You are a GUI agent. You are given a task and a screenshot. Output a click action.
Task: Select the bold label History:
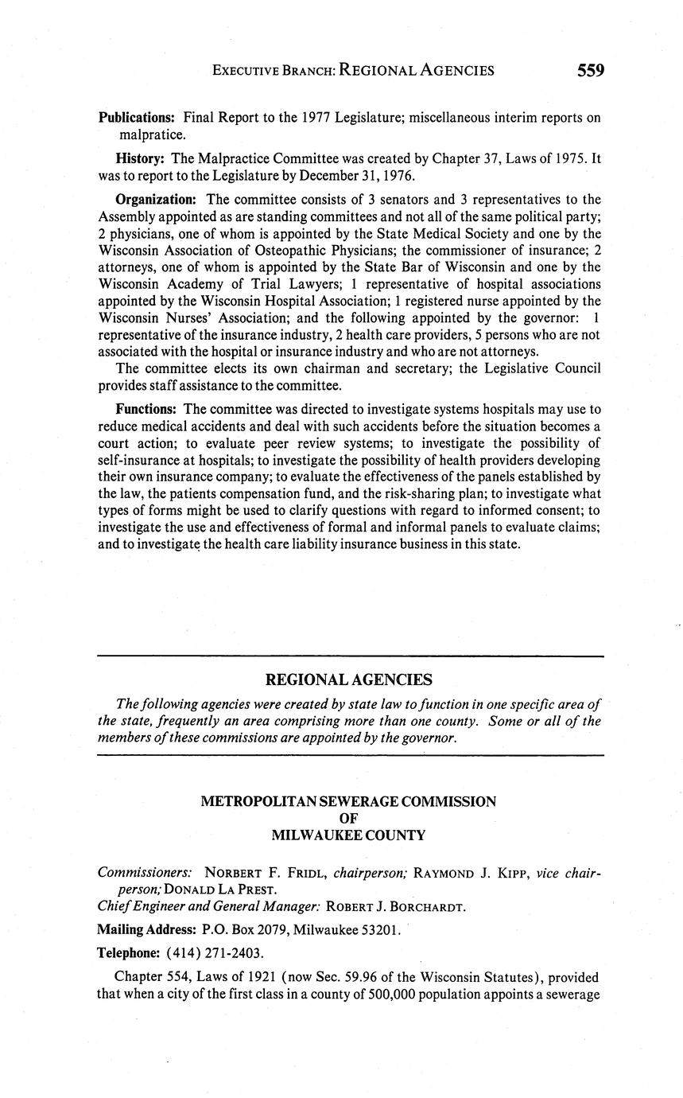[x=139, y=159]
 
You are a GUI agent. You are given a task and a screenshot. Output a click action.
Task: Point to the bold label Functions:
[x=147, y=409]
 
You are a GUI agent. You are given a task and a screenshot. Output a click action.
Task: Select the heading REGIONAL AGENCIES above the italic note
[x=348, y=679]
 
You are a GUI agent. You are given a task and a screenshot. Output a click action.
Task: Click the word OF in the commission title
[x=348, y=819]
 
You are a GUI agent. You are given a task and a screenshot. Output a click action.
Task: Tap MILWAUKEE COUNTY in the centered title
[x=348, y=835]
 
